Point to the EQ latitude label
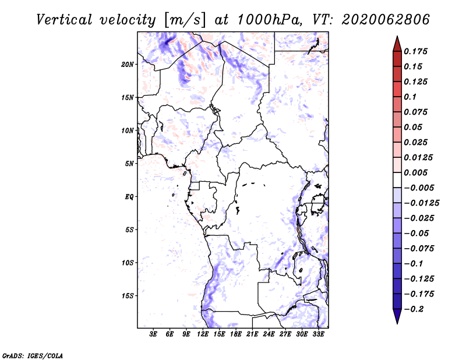tap(129, 196)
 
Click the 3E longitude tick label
tap(154, 335)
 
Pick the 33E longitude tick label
tap(318, 335)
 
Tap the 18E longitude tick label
tap(236, 335)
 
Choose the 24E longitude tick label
tap(269, 335)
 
